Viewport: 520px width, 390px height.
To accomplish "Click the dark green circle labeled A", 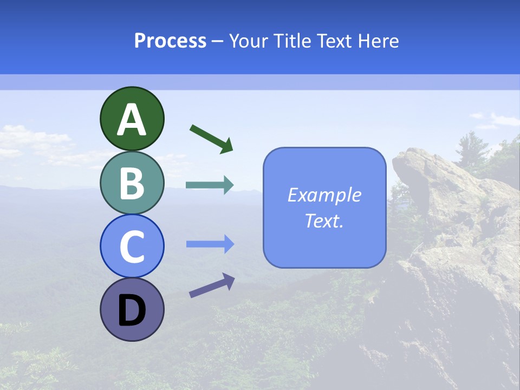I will [132, 119].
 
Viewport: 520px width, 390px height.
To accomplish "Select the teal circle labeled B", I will [132, 183].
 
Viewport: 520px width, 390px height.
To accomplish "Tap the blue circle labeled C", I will [132, 246].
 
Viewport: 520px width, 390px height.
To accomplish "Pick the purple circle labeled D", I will [132, 309].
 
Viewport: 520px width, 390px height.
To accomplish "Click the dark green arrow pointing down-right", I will [211, 139].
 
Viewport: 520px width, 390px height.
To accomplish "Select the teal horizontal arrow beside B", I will [209, 185].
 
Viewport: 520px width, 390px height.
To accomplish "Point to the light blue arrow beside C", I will [210, 244].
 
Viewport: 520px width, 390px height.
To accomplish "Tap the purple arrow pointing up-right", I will [212, 285].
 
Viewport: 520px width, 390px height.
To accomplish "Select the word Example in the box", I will [324, 195].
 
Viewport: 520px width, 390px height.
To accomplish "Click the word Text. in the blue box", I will [324, 220].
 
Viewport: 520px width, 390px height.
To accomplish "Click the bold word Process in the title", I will [170, 41].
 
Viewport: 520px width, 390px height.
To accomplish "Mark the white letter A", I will [132, 120].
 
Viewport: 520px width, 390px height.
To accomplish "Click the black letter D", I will [132, 311].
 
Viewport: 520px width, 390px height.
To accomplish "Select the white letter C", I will [132, 247].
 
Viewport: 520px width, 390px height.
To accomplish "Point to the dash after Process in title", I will [218, 41].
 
